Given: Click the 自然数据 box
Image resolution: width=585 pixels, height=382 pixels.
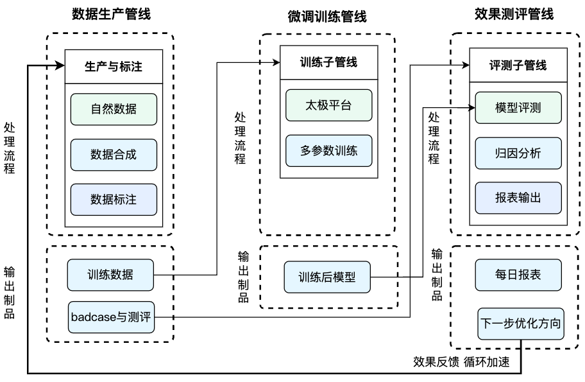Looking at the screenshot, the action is coord(114,109).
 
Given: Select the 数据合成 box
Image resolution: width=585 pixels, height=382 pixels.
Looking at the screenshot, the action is coord(114,155).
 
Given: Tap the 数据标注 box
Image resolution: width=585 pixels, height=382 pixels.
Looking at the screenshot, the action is coord(114,200).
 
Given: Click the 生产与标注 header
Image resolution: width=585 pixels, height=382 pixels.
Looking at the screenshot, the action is coord(114,67).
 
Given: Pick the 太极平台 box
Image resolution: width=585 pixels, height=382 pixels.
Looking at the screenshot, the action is coord(328,105).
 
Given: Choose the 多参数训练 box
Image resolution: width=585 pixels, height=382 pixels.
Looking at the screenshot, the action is coord(328,151).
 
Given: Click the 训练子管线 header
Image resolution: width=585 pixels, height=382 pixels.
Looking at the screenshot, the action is coord(328,62).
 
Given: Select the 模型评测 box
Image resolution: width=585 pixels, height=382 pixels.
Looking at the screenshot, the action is coord(518,108).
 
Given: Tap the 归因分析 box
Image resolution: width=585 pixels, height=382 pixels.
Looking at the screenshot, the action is coord(518,153).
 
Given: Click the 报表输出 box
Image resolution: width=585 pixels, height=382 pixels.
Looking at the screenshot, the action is coord(518,198).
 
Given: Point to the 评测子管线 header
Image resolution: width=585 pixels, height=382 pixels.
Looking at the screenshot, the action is coord(518,65).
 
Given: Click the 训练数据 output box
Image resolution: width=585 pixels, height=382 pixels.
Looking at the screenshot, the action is coord(110,275).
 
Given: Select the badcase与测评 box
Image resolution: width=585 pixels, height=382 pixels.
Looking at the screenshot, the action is coord(111,317).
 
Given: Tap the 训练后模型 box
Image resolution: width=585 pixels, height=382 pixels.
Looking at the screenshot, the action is coord(327,277).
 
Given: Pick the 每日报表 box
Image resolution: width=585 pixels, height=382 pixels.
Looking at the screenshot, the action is coord(518,275).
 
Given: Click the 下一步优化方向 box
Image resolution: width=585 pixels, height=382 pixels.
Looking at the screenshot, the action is coord(521,324).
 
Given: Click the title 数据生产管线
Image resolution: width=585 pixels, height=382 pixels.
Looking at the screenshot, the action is coord(111,14).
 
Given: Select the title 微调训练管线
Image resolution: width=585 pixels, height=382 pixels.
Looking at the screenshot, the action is coord(327,17).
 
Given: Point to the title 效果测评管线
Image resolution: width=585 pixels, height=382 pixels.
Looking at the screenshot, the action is coord(514,14).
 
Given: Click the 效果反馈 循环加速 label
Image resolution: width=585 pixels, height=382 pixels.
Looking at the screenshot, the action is coord(461,362).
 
